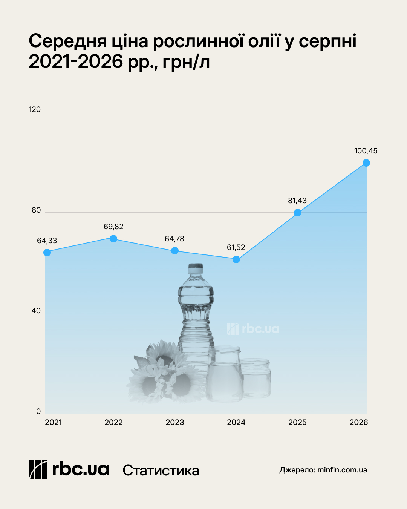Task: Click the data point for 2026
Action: coord(366,163)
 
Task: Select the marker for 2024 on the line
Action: coord(236,259)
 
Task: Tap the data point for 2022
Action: coord(113,238)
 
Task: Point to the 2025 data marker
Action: coord(297,213)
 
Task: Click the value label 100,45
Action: coord(366,151)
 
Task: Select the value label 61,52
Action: coord(236,247)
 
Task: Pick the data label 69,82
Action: coord(113,227)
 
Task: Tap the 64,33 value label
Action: coord(47,241)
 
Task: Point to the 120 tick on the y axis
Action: coord(35,109)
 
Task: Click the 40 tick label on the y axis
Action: coord(36,311)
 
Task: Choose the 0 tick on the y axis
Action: coord(38,411)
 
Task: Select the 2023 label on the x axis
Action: coord(175,422)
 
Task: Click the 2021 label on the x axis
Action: coord(53,422)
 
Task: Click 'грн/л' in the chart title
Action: coord(186,62)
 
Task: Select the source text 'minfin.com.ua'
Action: coord(342,470)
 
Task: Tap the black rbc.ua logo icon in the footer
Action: coord(38,469)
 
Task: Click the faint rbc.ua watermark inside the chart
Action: coord(253,329)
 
